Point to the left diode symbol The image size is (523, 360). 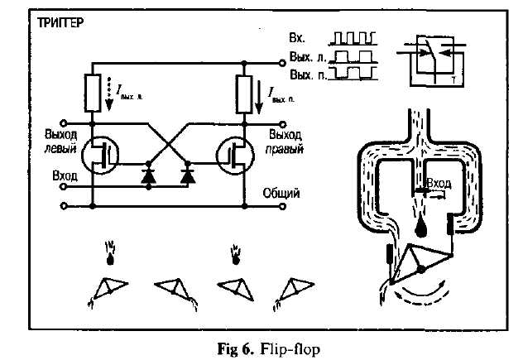tap(149, 175)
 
